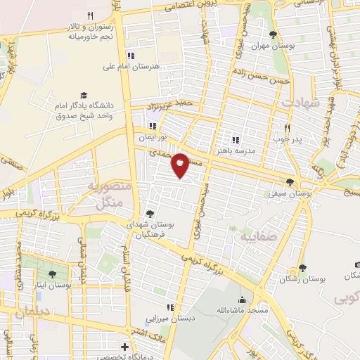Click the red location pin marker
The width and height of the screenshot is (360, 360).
[181, 165]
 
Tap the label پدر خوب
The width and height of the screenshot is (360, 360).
[287, 139]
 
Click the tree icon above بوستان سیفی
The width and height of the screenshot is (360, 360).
[290, 181]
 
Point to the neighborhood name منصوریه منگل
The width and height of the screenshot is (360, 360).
[105, 194]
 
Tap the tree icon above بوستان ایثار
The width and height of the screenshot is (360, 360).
[52, 274]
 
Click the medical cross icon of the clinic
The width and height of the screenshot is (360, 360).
[125, 347]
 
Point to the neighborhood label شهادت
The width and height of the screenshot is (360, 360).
[301, 103]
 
